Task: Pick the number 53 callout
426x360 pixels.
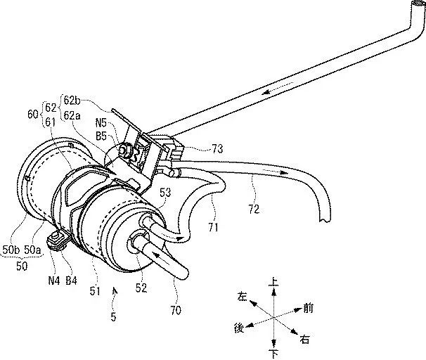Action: pos(167,191)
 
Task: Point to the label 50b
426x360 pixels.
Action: pos(11,249)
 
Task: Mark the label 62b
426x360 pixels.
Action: pos(91,98)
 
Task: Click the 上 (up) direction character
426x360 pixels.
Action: pos(274,282)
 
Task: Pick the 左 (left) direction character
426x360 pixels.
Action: pos(243,297)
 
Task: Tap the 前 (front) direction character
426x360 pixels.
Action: pos(307,307)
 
